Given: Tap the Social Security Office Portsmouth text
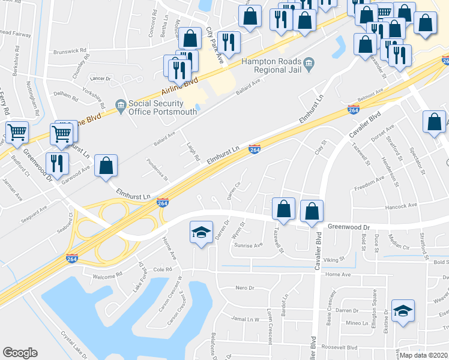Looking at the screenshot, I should point(155,109).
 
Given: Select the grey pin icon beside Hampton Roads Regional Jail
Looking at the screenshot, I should point(309,62).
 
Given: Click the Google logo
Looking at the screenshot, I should point(20,353).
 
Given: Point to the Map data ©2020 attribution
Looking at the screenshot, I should point(423,355).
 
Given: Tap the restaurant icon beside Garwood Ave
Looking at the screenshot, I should point(58,164).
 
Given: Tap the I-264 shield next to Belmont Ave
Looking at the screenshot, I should point(354,109).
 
